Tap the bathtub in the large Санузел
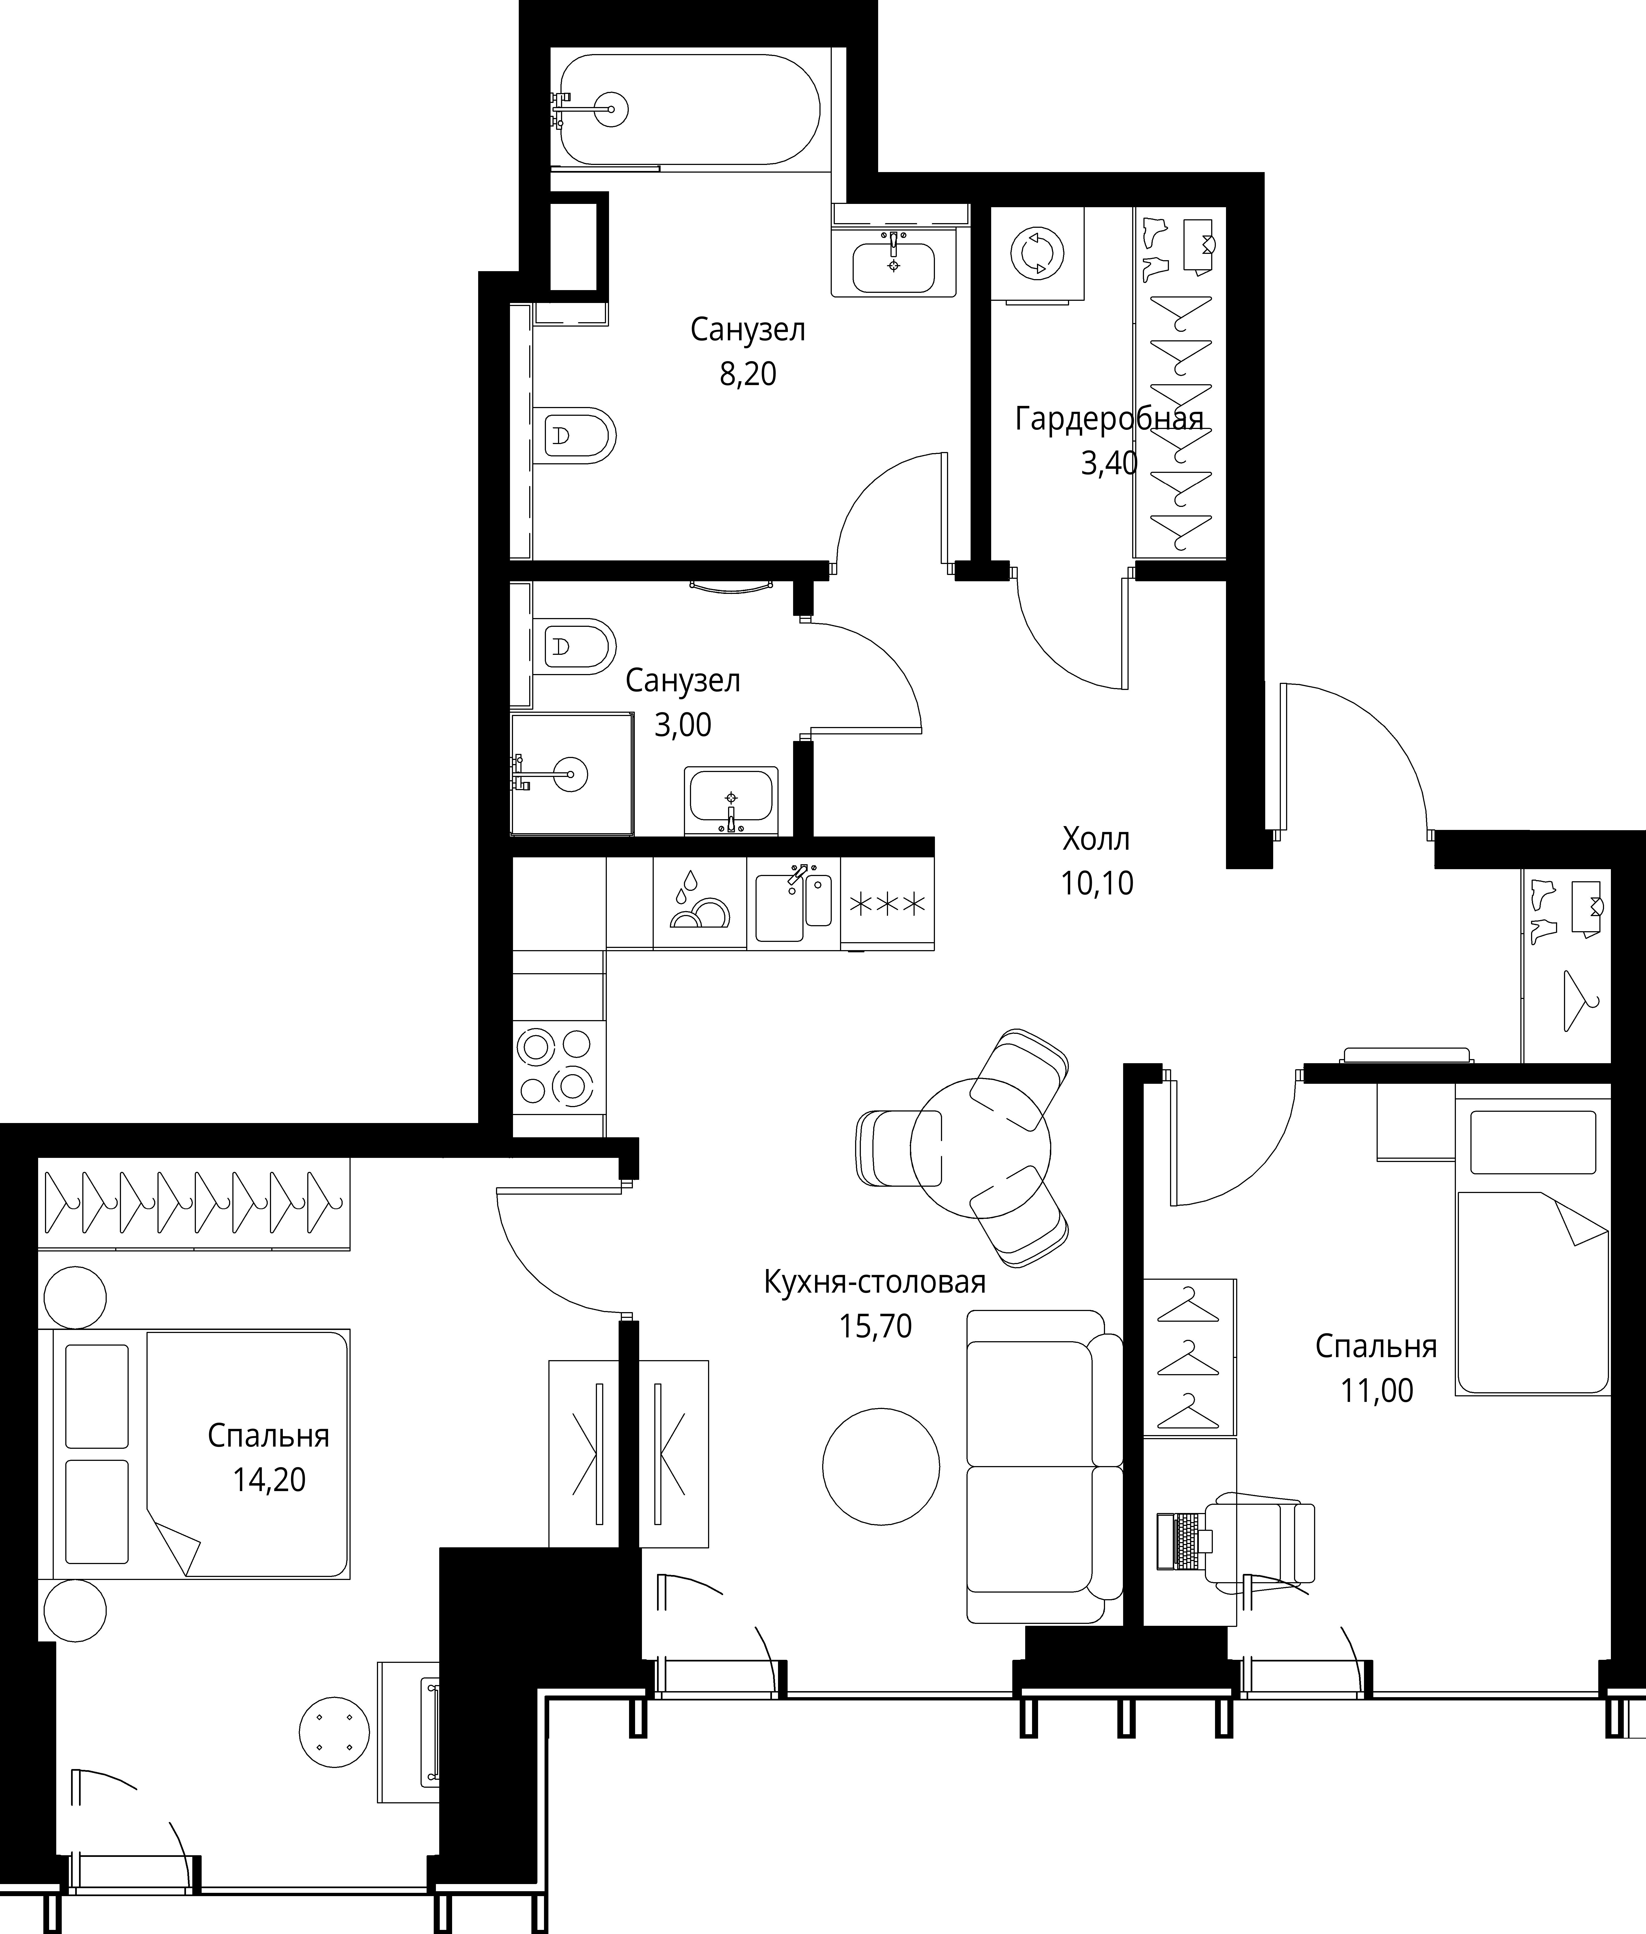tap(686, 109)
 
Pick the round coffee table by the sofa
tap(881, 1466)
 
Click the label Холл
tap(1097, 839)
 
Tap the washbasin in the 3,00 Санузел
tap(731, 800)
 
